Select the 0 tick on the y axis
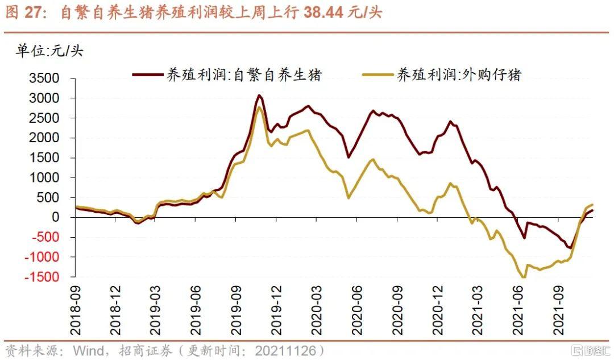point(55,217)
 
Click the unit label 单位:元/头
point(49,51)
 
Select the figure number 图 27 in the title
point(26,13)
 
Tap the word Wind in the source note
point(86,350)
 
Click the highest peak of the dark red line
point(259,95)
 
